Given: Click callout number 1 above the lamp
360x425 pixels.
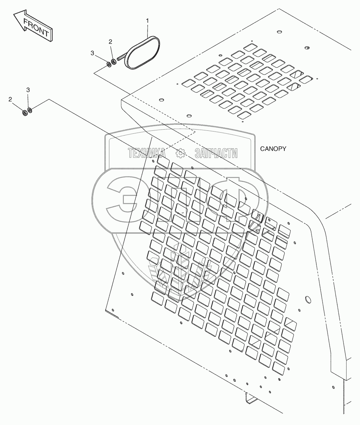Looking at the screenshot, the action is [148, 21].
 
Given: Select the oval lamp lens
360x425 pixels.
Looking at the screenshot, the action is [143, 52].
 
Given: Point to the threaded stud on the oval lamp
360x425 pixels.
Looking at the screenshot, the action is [121, 58].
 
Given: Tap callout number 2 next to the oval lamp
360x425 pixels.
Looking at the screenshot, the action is [110, 41].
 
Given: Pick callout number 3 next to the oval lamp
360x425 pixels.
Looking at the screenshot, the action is [92, 53].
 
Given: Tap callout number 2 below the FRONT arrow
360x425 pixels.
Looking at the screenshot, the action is [10, 99].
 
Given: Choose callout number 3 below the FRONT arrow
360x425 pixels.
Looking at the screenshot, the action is [28, 90].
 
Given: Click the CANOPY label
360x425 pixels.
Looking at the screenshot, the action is [273, 149].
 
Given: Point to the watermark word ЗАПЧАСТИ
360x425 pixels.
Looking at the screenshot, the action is [216, 153].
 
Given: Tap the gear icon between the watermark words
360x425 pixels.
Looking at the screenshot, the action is [180, 153].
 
